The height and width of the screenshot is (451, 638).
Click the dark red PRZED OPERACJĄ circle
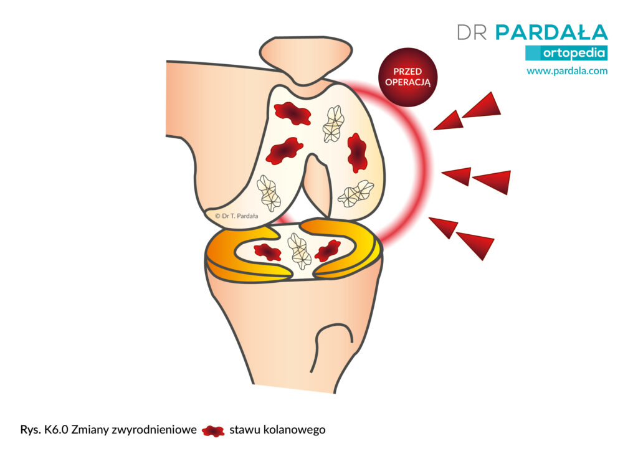pos(407,77)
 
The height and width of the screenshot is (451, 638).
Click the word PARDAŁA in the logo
pos(552,32)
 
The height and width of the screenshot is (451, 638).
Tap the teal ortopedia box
pos(566,53)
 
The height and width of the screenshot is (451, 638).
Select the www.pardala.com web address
pos(567,71)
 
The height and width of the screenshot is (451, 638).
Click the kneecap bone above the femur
pos(305,59)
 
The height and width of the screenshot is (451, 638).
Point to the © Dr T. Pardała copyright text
pos(236,216)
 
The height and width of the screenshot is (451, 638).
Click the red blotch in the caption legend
pos(213,430)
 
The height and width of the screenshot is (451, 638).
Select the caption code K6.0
pos(56,430)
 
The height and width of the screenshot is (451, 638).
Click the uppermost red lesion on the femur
pos(292,113)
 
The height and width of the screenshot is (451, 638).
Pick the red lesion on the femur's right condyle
pos(357,152)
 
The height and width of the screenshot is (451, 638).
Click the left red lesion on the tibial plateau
pos(267,252)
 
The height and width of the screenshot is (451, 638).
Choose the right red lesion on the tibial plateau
pos(328,250)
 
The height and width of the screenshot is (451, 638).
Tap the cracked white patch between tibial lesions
pos(299,251)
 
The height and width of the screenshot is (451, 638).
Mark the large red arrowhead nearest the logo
pos(483,106)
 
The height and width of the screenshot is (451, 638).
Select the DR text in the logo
pos(472,32)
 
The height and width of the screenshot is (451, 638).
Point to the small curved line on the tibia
pos(331,344)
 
